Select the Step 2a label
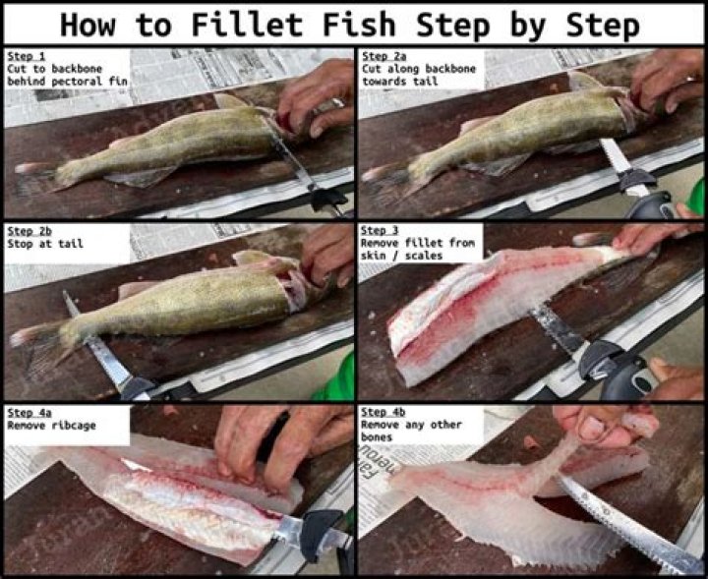382,56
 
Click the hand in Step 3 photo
639,238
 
